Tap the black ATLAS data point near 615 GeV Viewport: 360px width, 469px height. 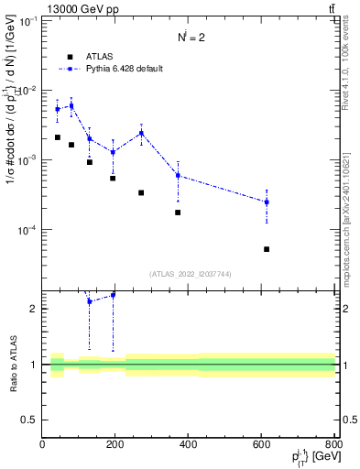pos(267,249)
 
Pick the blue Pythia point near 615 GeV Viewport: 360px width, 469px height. pos(267,202)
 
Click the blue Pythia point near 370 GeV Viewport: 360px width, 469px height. pos(178,175)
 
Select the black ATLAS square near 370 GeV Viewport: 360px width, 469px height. pos(178,213)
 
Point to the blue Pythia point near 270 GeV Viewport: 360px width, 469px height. pos(141,133)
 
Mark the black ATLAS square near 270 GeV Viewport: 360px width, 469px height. pos(141,192)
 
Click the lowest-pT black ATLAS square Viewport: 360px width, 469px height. pos(58,137)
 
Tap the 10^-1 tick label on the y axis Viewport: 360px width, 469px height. pos(27,20)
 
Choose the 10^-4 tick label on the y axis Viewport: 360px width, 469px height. pos(27,230)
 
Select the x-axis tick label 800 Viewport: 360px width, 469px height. pos(333,445)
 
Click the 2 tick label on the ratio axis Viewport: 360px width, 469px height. pos(34,309)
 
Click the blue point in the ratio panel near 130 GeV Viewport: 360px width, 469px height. pos(90,301)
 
